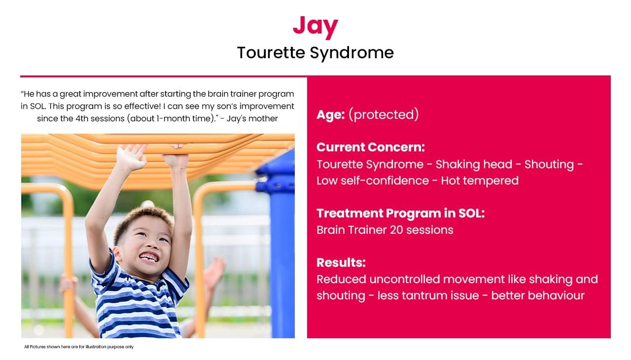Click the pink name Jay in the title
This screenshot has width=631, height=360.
pos(315,26)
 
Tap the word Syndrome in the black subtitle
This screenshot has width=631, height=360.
pos(351,53)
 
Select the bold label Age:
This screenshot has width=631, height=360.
pos(330,114)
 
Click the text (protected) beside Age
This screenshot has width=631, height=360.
pos(384,114)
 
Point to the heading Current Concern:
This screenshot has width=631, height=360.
pos(370,147)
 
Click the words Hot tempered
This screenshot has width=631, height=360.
pos(480,180)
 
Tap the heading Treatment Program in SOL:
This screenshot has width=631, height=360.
pos(401,213)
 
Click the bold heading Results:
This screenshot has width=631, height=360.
pos(341,262)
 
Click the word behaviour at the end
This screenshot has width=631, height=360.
pos(538,295)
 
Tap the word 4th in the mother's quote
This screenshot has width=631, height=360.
pos(82,118)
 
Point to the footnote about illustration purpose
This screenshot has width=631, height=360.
pos(79,347)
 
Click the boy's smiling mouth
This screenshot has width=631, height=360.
pos(149,257)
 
